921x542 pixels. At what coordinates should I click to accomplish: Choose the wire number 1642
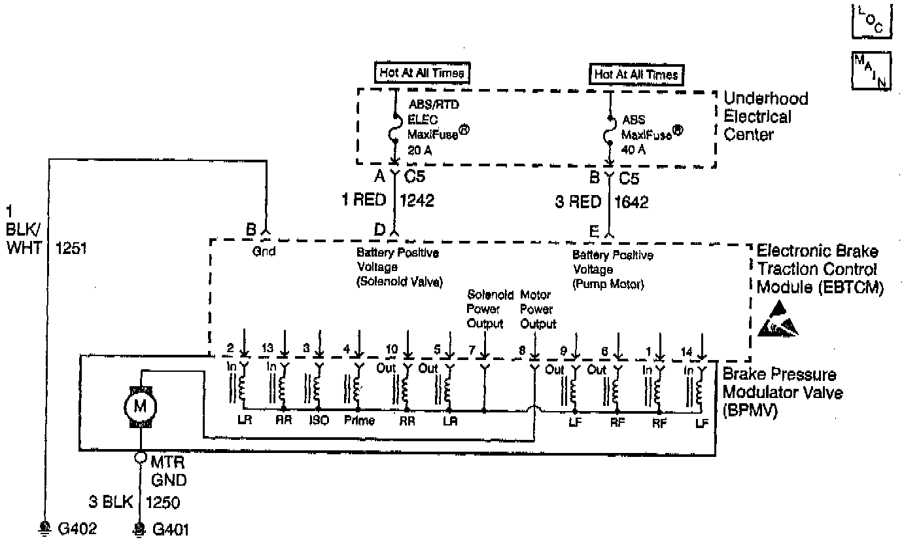[632, 202]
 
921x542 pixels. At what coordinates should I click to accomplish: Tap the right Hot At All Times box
[636, 75]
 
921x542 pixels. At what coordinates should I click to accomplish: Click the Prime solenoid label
[359, 421]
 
